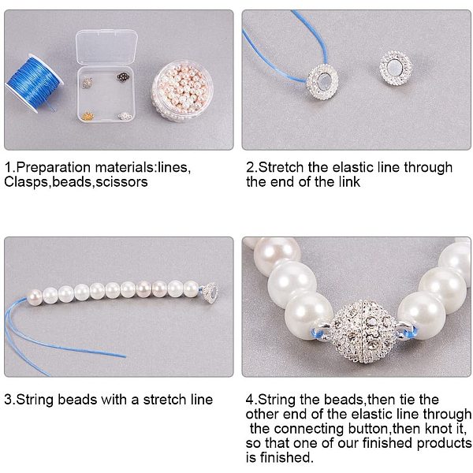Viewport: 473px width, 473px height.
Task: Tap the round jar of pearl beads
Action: pyautogui.click(x=182, y=90)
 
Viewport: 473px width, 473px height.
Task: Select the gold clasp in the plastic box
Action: pyautogui.click(x=88, y=116)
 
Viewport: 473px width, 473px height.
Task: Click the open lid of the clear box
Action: pyautogui.click(x=106, y=47)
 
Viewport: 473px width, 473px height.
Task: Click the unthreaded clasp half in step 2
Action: pyautogui.click(x=395, y=67)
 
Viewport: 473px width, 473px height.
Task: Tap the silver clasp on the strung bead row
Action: pyautogui.click(x=210, y=292)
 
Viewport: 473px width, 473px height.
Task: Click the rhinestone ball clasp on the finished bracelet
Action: pyautogui.click(x=363, y=331)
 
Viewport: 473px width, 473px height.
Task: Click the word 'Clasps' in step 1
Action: pyautogui.click(x=27, y=182)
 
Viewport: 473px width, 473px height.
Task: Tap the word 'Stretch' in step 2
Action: pyautogui.click(x=281, y=167)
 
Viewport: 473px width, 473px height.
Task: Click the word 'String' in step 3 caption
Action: pyautogui.click(x=35, y=400)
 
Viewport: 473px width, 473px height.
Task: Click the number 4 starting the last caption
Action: pyautogui.click(x=250, y=400)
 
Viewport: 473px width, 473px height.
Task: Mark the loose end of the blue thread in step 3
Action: pyautogui.click(x=125, y=356)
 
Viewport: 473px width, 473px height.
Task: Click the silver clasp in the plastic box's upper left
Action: pyautogui.click(x=88, y=83)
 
